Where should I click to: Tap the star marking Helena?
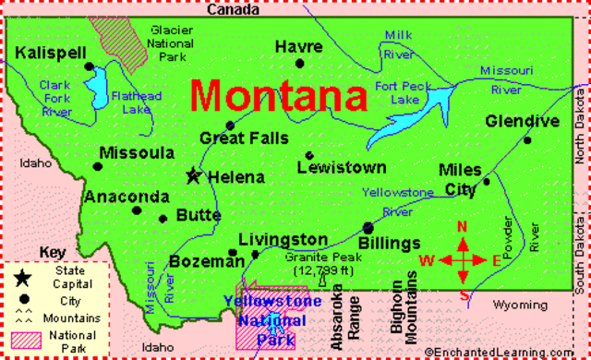coord(194,174)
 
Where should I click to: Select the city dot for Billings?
coord(368,226)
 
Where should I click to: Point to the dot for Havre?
coord(299,64)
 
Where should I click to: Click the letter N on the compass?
coord(464,228)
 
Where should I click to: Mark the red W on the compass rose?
coord(427,260)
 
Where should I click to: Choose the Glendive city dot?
coord(527,139)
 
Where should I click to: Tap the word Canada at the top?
coord(234,9)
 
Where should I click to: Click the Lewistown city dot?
coord(309,155)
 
